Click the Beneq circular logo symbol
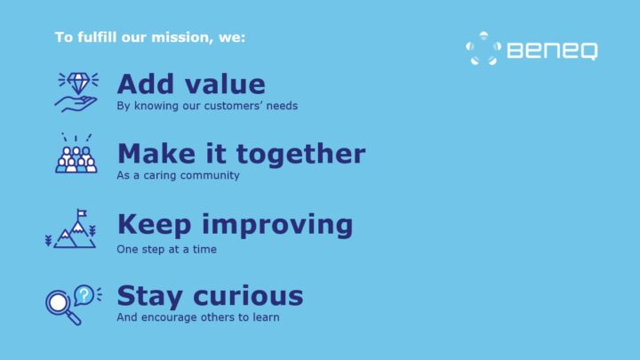pyautogui.click(x=484, y=48)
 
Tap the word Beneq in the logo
pyautogui.click(x=552, y=51)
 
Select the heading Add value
pyautogui.click(x=191, y=84)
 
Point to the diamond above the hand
pyautogui.click(x=78, y=83)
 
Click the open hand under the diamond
pyautogui.click(x=75, y=104)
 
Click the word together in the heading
pyautogui.click(x=300, y=154)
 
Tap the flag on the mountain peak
pyautogui.click(x=81, y=213)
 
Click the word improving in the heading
pyautogui.click(x=277, y=225)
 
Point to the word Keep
pyautogui.click(x=155, y=225)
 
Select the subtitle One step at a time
pyautogui.click(x=166, y=250)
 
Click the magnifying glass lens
pyautogui.click(x=58, y=303)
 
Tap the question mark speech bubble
pyautogui.click(x=84, y=295)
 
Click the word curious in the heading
pyautogui.click(x=248, y=295)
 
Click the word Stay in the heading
pyautogui.click(x=149, y=296)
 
